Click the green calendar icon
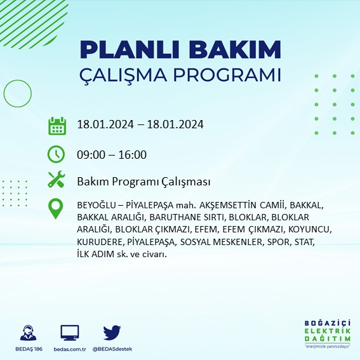point(57,125)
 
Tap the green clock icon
point(57,154)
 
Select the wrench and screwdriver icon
point(57,181)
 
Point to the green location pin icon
point(57,209)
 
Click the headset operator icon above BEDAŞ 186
point(28,333)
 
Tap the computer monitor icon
point(70,333)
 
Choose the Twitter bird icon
point(112,333)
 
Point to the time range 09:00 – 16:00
point(111,154)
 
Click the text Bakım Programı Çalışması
point(143,182)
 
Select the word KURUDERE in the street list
point(98,242)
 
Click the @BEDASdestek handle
point(112,349)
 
